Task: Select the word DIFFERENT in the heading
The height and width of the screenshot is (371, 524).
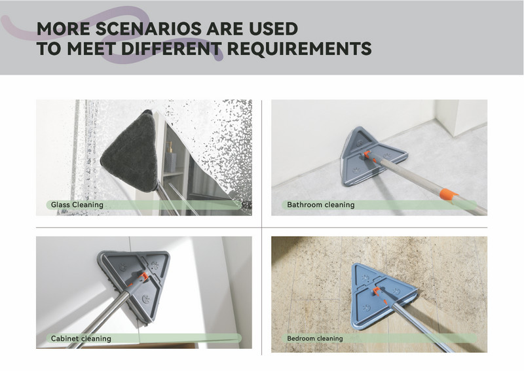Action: (172, 49)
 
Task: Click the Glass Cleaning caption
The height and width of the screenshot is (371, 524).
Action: (77, 205)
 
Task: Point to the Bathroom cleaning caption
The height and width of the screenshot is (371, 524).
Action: (321, 205)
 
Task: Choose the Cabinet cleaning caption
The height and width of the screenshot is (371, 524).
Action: (81, 338)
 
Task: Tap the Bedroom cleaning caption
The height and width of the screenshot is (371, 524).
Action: (315, 338)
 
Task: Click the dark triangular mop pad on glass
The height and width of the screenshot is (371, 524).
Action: (132, 152)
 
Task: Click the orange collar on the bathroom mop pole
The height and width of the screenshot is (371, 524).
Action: (448, 196)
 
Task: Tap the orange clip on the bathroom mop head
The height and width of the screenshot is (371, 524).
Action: (367, 155)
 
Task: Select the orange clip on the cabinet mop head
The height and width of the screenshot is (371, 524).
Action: (143, 277)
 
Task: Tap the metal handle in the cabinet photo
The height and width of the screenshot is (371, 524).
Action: (101, 318)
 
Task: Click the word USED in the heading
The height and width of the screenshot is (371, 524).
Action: (273, 29)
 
